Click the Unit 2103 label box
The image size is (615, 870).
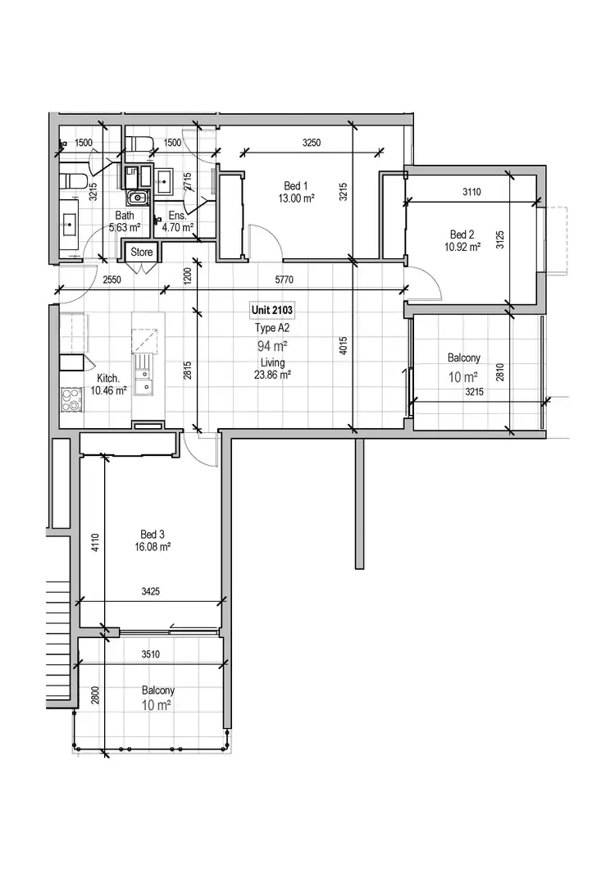(x=272, y=311)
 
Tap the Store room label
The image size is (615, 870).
(x=142, y=253)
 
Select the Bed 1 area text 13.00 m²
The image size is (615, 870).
(x=296, y=198)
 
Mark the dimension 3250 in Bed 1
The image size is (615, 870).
(x=311, y=143)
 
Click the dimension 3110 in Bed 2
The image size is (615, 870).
(x=471, y=192)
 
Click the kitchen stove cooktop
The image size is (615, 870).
(x=71, y=399)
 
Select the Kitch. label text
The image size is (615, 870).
(x=109, y=378)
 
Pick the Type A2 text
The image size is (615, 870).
(x=271, y=327)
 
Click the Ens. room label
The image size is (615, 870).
(x=177, y=216)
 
